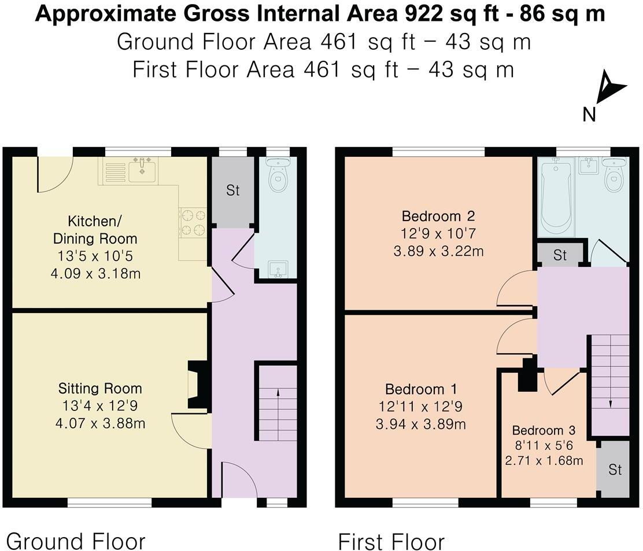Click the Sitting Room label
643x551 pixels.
[99, 388]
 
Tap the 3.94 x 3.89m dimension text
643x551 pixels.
[421, 424]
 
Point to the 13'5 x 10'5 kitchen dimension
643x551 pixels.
[95, 256]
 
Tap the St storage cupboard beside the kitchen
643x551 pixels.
[232, 191]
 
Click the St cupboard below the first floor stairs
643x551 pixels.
[615, 469]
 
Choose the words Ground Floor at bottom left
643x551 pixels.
[75, 541]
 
